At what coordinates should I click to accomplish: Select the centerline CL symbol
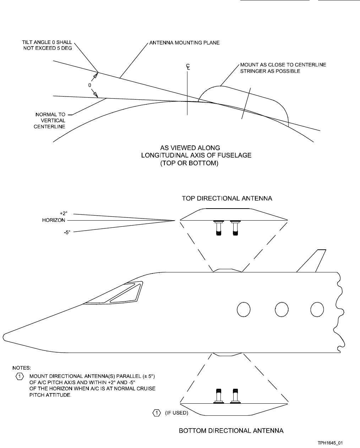(188, 67)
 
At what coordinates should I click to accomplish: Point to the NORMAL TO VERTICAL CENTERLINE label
(50, 121)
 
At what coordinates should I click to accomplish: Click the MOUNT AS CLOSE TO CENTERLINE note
(283, 68)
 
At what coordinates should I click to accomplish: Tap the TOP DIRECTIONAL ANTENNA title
(227, 199)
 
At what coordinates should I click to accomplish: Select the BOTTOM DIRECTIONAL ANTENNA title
(231, 431)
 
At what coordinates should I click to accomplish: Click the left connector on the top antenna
(218, 228)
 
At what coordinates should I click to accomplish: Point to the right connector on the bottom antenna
(234, 396)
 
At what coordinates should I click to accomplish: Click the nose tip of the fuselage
(4, 337)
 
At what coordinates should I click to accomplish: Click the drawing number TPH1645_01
(331, 443)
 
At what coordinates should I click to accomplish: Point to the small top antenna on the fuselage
(227, 270)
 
